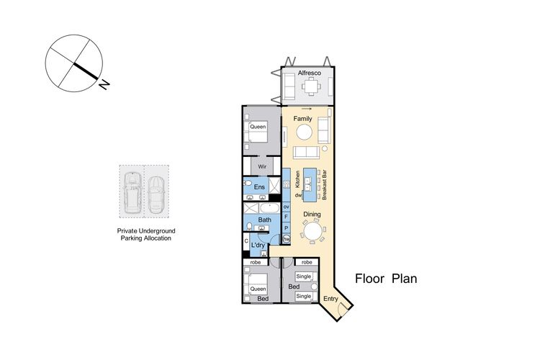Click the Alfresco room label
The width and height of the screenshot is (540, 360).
(x=310, y=73)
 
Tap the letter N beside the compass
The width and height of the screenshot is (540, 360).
(x=104, y=84)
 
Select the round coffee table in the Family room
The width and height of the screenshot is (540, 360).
(x=305, y=132)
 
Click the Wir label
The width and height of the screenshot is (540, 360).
(x=262, y=167)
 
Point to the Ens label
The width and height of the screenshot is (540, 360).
(x=259, y=187)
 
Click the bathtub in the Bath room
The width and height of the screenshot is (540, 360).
(x=270, y=208)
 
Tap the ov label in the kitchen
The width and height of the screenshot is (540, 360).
(x=286, y=207)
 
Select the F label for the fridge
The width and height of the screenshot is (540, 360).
(x=286, y=217)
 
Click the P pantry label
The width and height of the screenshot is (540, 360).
(x=286, y=228)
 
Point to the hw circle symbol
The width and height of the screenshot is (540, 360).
(x=286, y=239)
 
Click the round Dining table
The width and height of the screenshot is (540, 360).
(x=312, y=231)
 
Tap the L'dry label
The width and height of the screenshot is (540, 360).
(x=258, y=246)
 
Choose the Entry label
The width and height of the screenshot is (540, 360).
(x=330, y=299)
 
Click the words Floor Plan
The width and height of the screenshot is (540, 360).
(x=386, y=279)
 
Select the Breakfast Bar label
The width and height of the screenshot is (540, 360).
(x=325, y=185)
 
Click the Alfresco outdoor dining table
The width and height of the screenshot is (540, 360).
(x=311, y=86)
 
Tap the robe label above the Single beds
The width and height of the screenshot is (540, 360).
(x=307, y=263)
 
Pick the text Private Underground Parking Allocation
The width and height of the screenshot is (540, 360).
(x=146, y=235)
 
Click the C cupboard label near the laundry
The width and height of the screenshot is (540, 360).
(x=246, y=241)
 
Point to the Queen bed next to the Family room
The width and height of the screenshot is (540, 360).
(x=255, y=132)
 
